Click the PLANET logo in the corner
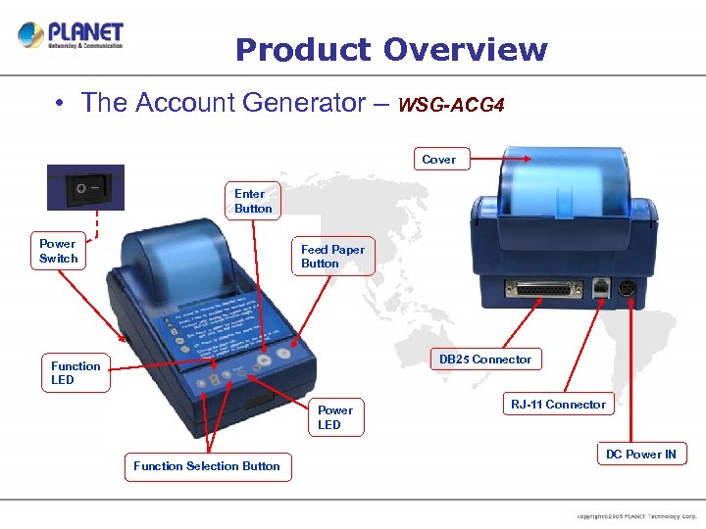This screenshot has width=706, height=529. pyautogui.click(x=71, y=35)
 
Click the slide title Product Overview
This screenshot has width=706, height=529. pyautogui.click(x=391, y=49)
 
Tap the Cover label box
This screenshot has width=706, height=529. pyautogui.click(x=438, y=159)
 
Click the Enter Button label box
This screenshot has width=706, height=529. pyautogui.click(x=253, y=201)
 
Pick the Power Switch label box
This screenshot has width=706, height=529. pyautogui.click(x=58, y=251)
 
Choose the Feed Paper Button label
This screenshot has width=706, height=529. pyautogui.click(x=332, y=257)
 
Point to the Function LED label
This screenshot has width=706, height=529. pyautogui.click(x=76, y=373)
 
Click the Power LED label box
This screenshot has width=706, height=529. pyautogui.click(x=335, y=417)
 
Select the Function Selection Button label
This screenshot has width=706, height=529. pyautogui.click(x=207, y=466)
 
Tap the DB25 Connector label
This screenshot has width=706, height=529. pyautogui.click(x=484, y=360)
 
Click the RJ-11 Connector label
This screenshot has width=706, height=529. pyautogui.click(x=558, y=404)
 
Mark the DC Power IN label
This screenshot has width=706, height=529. pyautogui.click(x=640, y=454)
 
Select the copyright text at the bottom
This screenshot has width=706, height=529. pyautogui.click(x=636, y=515)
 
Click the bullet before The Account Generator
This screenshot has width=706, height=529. pyautogui.click(x=61, y=103)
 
